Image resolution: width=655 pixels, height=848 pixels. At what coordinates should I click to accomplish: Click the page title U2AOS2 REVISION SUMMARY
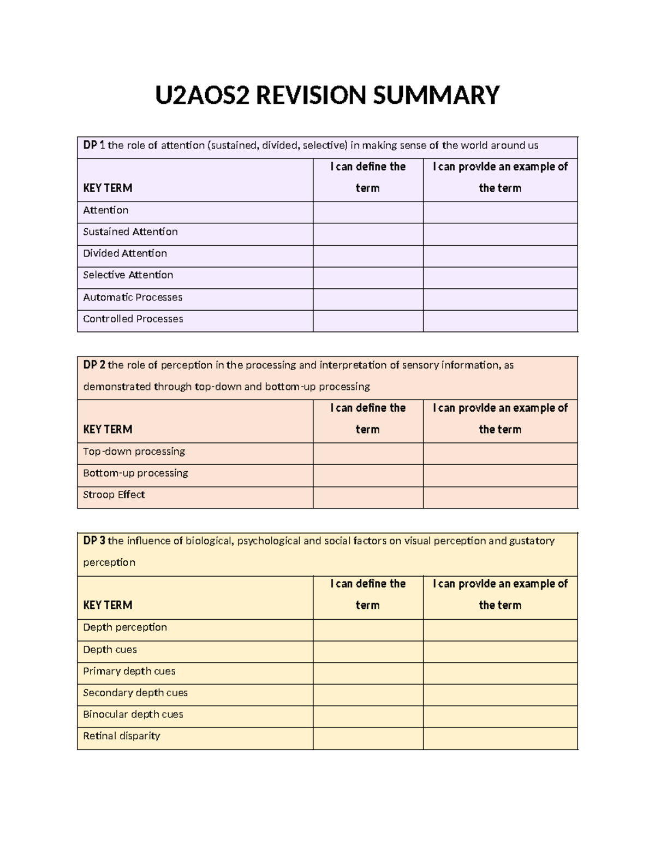click(x=327, y=95)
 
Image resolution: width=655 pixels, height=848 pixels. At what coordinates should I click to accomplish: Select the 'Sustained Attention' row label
click(x=130, y=232)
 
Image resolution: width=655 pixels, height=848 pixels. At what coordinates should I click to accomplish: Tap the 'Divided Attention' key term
click(x=124, y=253)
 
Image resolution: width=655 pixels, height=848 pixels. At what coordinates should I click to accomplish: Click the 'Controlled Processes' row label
click(x=133, y=319)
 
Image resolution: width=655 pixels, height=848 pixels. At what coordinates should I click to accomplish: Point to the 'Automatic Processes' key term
click(x=132, y=298)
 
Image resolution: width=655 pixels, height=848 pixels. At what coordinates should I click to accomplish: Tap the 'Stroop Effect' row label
click(x=114, y=495)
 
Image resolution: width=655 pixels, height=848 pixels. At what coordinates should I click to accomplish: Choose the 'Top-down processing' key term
click(x=134, y=452)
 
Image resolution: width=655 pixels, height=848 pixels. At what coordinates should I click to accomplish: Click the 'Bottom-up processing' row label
click(x=135, y=473)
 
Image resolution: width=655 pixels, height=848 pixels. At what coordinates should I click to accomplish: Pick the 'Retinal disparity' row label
click(x=121, y=736)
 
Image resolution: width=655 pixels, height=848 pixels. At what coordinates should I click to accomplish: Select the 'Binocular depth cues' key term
click(x=133, y=714)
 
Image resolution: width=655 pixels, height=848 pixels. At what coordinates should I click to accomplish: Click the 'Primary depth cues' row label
click(x=129, y=671)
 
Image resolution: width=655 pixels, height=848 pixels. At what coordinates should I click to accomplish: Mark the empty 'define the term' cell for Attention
click(x=368, y=212)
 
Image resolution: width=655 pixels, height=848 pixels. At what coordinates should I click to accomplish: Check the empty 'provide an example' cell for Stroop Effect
click(x=500, y=497)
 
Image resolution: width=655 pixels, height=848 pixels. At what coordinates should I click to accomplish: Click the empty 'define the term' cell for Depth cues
click(x=368, y=651)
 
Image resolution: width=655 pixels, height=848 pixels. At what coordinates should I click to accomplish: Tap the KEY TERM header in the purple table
click(x=108, y=188)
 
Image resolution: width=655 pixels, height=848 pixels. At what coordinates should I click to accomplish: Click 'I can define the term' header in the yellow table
click(x=368, y=594)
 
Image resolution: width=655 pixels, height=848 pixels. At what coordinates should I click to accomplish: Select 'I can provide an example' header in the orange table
click(x=500, y=418)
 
